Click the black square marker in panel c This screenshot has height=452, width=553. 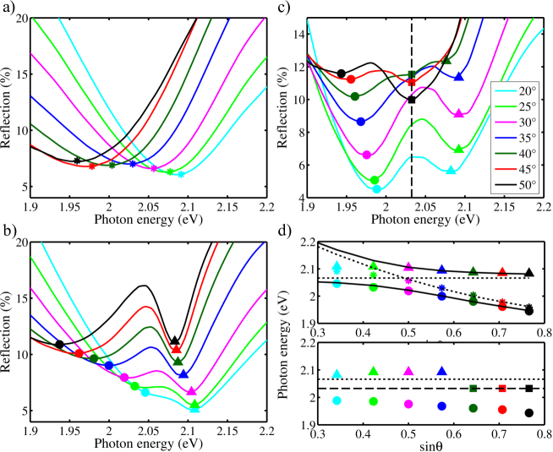coord(412,100)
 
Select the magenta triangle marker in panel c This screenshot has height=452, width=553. coord(458,113)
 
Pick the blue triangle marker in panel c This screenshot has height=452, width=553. coord(458,77)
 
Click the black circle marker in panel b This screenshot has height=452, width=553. coord(59,345)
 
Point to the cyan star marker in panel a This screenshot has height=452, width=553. coord(181,174)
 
